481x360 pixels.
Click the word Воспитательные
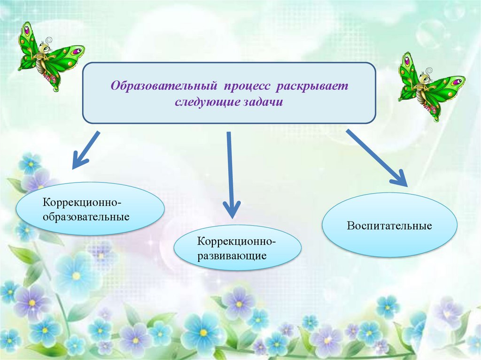click(x=389, y=226)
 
